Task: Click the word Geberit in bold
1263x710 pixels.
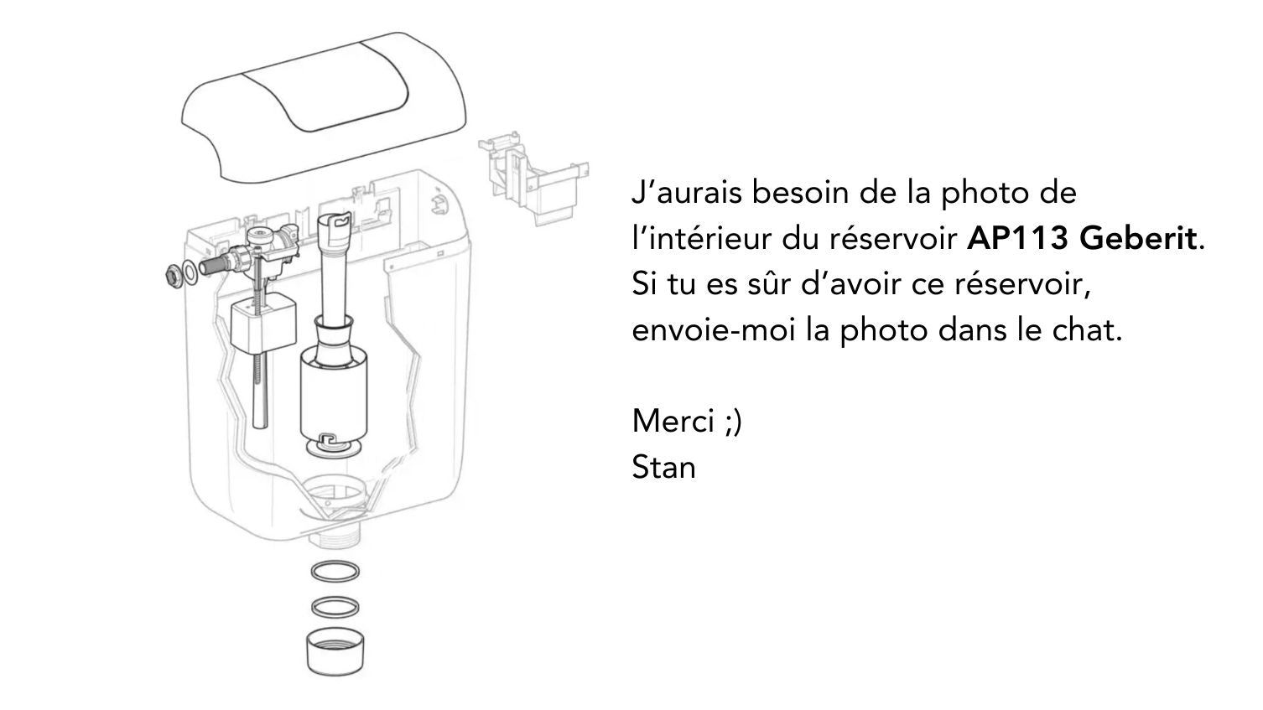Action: point(1138,239)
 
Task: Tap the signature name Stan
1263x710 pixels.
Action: point(663,467)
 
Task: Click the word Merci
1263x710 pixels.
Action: point(673,420)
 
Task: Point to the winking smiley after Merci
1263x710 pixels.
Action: point(733,421)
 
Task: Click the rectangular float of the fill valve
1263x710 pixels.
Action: point(262,328)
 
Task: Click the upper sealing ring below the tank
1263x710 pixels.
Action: point(335,572)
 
